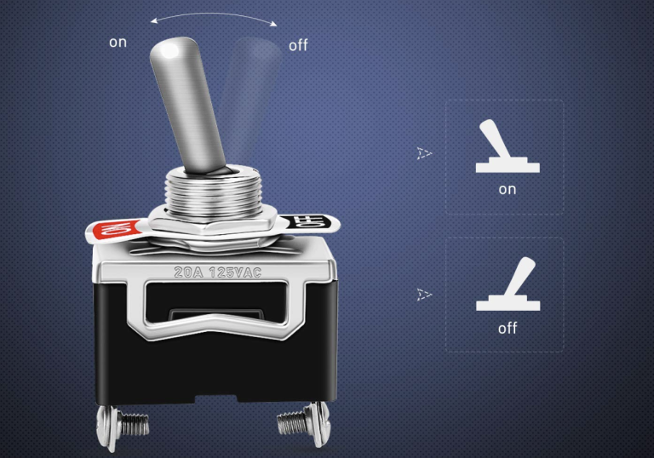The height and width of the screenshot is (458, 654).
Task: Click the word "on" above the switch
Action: click(118, 42)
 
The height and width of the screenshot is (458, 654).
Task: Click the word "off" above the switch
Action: click(298, 45)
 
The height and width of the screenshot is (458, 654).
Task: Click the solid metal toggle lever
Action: click(186, 101)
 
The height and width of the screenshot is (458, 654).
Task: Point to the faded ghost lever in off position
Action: click(249, 102)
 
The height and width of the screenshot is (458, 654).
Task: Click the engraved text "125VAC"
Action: click(236, 273)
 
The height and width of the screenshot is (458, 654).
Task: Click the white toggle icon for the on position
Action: click(506, 148)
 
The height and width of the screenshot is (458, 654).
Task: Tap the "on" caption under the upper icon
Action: click(507, 189)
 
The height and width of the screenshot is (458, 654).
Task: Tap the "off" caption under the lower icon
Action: click(508, 327)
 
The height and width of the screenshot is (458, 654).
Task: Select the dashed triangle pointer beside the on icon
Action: click(424, 154)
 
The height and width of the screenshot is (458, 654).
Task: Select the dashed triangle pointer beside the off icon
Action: click(424, 295)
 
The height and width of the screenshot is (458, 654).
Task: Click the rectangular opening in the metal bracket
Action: click(213, 306)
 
